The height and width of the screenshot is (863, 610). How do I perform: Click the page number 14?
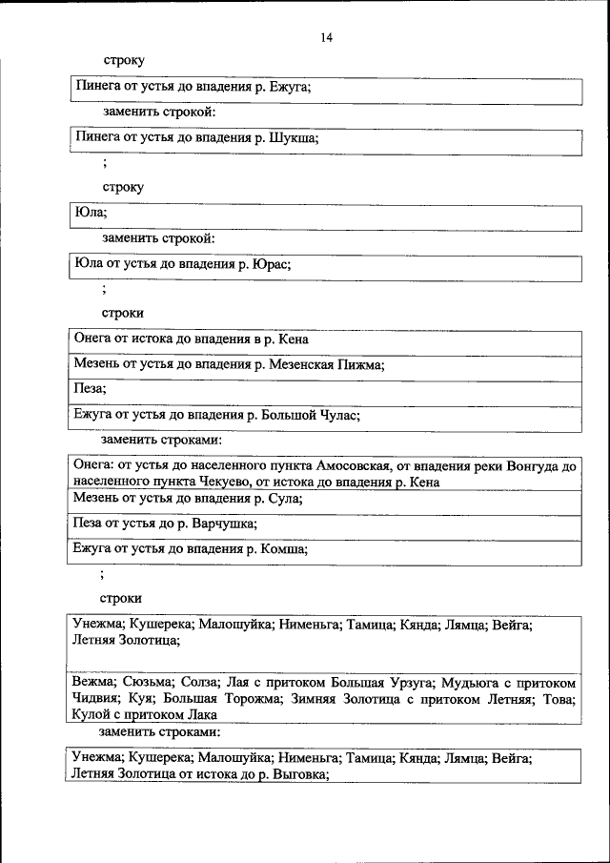pos(327,38)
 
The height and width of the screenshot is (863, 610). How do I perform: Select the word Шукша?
pos(294,137)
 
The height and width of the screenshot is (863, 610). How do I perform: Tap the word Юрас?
pos(270,264)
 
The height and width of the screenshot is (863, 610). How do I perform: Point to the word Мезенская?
pos(307,364)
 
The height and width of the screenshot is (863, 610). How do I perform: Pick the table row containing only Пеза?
pos(324,390)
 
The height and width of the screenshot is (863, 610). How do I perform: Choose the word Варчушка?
pos(224,524)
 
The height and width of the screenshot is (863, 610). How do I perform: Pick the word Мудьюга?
pos(488,683)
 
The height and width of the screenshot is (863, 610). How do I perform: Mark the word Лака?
pos(198,713)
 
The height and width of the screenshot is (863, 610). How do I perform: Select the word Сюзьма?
pos(148,683)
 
